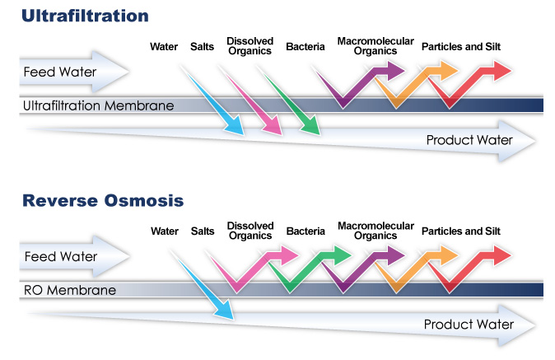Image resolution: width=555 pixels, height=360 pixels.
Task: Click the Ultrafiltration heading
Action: click(x=85, y=16)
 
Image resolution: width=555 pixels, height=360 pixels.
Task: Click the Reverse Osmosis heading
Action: click(x=103, y=200)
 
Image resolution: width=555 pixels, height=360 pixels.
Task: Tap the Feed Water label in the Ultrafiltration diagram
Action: click(x=60, y=72)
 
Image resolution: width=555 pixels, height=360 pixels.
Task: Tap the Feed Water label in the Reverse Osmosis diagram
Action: click(x=61, y=256)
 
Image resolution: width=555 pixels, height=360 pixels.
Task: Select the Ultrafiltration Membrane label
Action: click(x=98, y=105)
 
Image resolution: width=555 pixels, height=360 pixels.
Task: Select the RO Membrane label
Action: click(x=70, y=290)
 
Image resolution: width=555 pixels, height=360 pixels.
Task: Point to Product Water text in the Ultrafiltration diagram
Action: click(x=469, y=140)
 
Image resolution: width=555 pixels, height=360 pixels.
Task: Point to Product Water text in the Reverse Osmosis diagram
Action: click(x=469, y=325)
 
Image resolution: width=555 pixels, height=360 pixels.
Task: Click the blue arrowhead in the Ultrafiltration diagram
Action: click(x=235, y=125)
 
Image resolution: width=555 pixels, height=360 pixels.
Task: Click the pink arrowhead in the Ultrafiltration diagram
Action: click(x=273, y=125)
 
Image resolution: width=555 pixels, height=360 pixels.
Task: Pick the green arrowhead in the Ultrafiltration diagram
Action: click(x=310, y=125)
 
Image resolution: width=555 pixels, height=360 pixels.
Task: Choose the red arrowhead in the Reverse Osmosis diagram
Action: click(x=502, y=255)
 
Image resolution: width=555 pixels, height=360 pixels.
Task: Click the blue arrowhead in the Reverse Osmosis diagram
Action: click(x=224, y=310)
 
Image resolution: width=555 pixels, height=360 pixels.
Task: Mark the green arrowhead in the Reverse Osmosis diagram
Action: click(x=343, y=255)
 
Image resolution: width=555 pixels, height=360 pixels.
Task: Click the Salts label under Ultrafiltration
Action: click(x=202, y=47)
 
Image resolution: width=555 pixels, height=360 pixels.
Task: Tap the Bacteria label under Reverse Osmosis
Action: click(x=305, y=231)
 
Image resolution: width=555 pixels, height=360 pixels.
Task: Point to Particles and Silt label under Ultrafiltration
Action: click(x=461, y=47)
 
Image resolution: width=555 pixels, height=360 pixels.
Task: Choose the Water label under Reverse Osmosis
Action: click(x=165, y=231)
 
